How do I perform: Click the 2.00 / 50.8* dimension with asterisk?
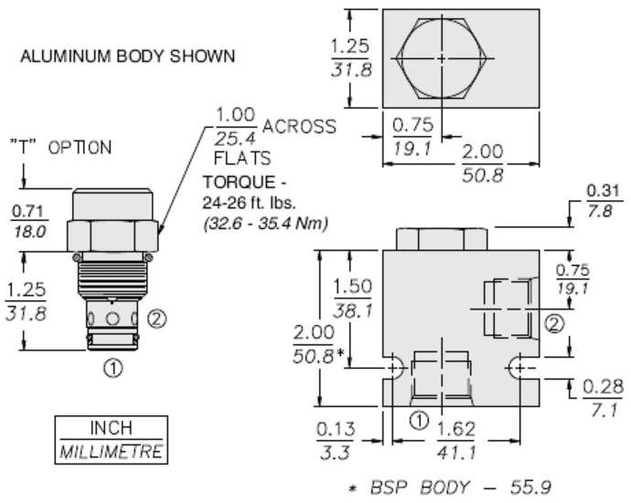tap(315, 343)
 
